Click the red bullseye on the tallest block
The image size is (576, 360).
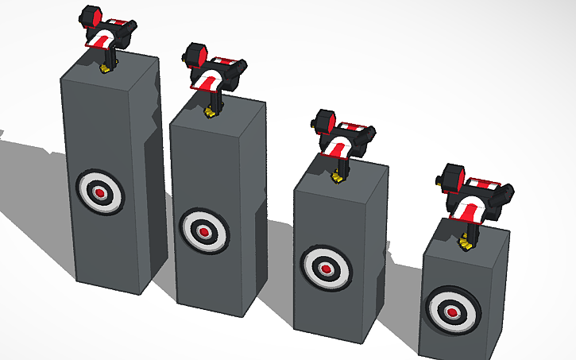tap(100, 192)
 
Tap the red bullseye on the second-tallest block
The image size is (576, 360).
tap(204, 231)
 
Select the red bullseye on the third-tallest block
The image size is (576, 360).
tap(326, 268)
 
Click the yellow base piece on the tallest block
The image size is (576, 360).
tap(105, 69)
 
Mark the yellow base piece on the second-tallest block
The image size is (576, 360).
tap(211, 110)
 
